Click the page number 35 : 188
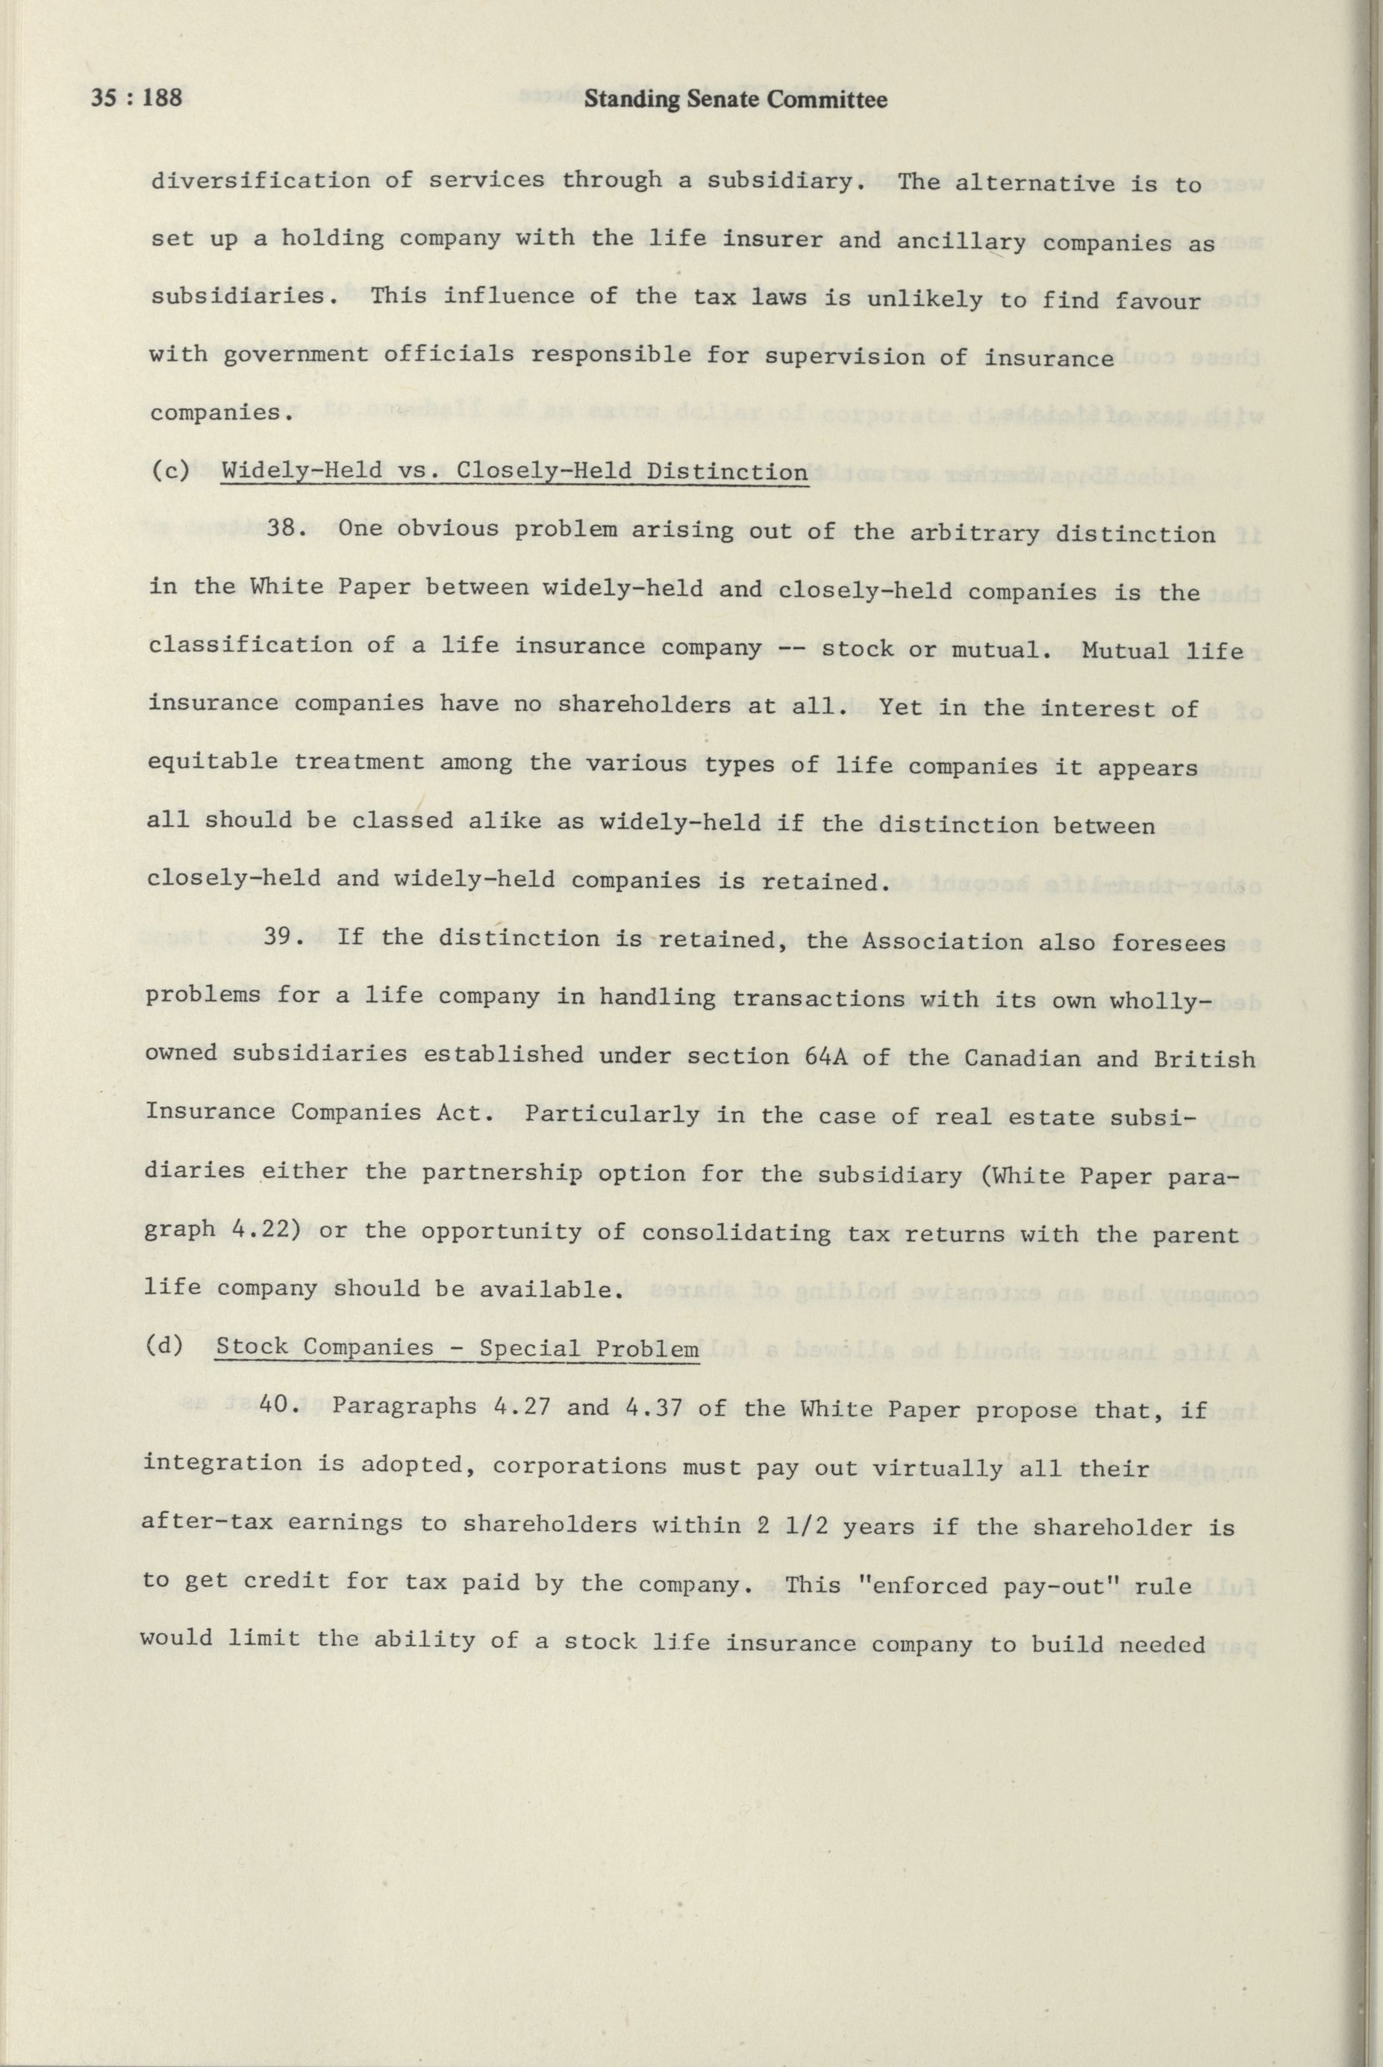[137, 98]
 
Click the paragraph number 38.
[286, 529]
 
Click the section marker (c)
[169, 470]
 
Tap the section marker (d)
[165, 1346]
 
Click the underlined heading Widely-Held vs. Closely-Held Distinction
[514, 471]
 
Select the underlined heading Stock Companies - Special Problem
[457, 1348]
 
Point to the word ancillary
[961, 241]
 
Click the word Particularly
[611, 1113]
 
